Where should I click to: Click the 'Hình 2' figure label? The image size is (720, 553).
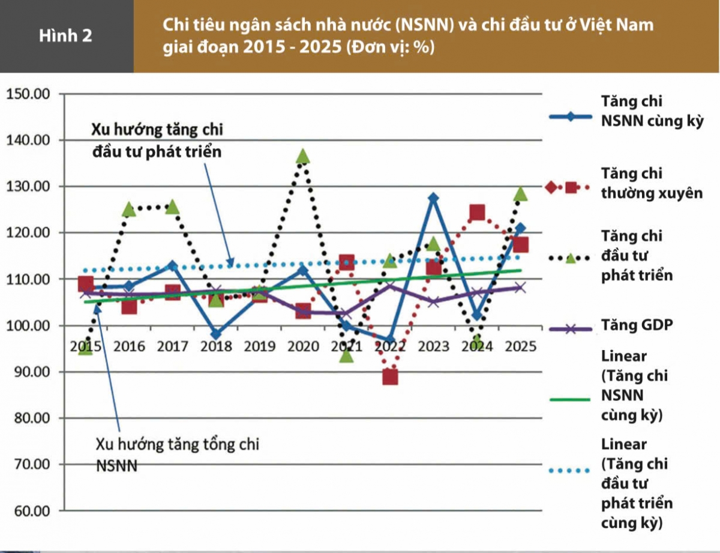click(66, 35)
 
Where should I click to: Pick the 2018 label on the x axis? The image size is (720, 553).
click(216, 347)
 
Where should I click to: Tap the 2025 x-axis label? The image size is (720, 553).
click(520, 347)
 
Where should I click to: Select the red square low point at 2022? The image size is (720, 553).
click(390, 377)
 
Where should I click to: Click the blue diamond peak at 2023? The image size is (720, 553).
click(433, 198)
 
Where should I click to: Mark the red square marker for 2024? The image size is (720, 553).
click(477, 213)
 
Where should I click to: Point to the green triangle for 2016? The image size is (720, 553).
click(128, 209)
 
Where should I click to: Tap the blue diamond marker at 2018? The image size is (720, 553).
click(216, 334)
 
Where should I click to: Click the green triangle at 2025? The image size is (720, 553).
click(520, 193)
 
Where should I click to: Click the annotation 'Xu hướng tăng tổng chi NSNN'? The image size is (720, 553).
click(177, 455)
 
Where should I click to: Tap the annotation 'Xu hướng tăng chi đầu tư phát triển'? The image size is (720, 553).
click(157, 141)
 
